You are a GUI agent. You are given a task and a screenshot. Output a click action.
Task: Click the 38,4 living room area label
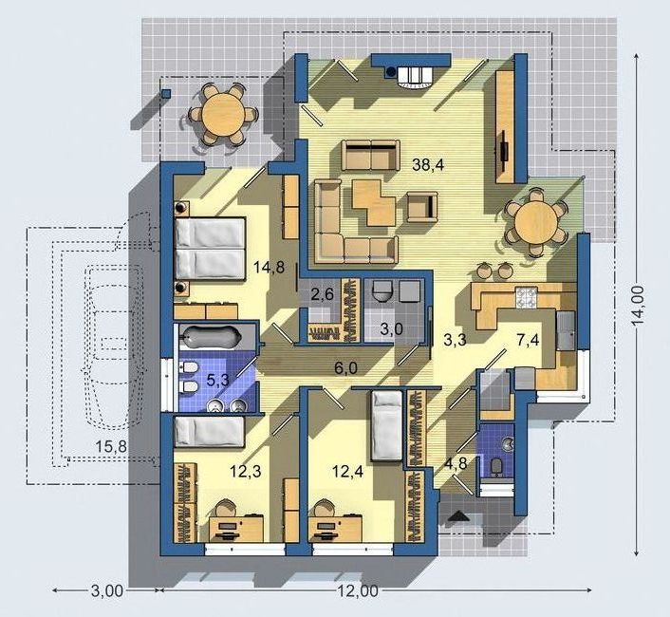pyautogui.click(x=428, y=164)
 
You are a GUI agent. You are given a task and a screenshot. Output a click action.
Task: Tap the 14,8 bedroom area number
pyautogui.click(x=269, y=268)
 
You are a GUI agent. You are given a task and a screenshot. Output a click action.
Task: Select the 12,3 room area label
pyautogui.click(x=245, y=472)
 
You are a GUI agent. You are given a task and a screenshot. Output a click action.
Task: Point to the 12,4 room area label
pyautogui.click(x=348, y=472)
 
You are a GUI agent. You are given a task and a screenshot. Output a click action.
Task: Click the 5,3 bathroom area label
pyautogui.click(x=218, y=380)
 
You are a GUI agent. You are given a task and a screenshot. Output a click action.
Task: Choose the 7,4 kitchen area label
pyautogui.click(x=528, y=341)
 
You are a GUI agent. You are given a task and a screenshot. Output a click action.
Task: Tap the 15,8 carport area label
pyautogui.click(x=111, y=447)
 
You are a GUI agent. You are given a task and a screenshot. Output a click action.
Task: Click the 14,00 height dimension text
pyautogui.click(x=638, y=306)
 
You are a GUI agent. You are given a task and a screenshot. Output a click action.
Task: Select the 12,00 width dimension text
pyautogui.click(x=358, y=591)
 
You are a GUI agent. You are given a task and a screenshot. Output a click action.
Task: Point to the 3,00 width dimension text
pyautogui.click(x=107, y=591)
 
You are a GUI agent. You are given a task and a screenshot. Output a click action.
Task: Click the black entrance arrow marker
pyautogui.click(x=459, y=516)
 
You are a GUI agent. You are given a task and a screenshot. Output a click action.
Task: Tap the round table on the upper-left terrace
pyautogui.click(x=223, y=115)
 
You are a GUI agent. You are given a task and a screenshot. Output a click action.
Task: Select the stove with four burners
pyautogui.click(x=526, y=297)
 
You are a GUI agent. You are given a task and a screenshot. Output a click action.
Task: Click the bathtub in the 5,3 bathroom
pyautogui.click(x=211, y=336)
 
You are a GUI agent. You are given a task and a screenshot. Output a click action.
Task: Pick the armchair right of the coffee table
pyautogui.click(x=422, y=207)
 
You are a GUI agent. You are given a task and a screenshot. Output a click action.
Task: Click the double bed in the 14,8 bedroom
pyautogui.click(x=210, y=249)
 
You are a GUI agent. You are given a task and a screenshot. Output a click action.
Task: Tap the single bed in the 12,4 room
pyautogui.click(x=386, y=426)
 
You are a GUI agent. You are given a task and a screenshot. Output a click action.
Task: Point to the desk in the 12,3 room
pyautogui.click(x=236, y=529)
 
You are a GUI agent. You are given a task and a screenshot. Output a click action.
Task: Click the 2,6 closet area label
pyautogui.click(x=322, y=294)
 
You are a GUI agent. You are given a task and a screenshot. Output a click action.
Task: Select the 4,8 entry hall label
pyautogui.click(x=456, y=464)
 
